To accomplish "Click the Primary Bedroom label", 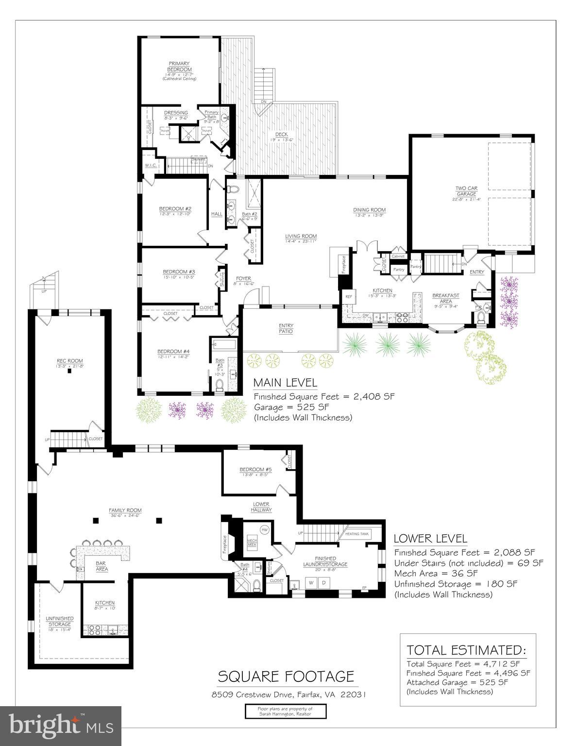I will click(179, 67).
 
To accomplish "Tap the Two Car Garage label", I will click(466, 191).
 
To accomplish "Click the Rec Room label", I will click(70, 360).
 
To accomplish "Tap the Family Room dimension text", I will click(125, 516).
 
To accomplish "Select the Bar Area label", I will click(101, 566).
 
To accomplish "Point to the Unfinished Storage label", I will click(59, 621).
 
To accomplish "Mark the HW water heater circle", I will click(265, 530).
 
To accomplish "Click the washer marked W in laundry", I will click(311, 582).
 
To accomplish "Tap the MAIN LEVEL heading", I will click(285, 383).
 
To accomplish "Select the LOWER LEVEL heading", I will click(430, 539).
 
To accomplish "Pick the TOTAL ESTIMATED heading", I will click(466, 650).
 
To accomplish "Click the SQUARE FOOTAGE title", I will click(286, 676).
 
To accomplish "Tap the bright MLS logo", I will click(61, 726).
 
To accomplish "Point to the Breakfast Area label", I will click(445, 298).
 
